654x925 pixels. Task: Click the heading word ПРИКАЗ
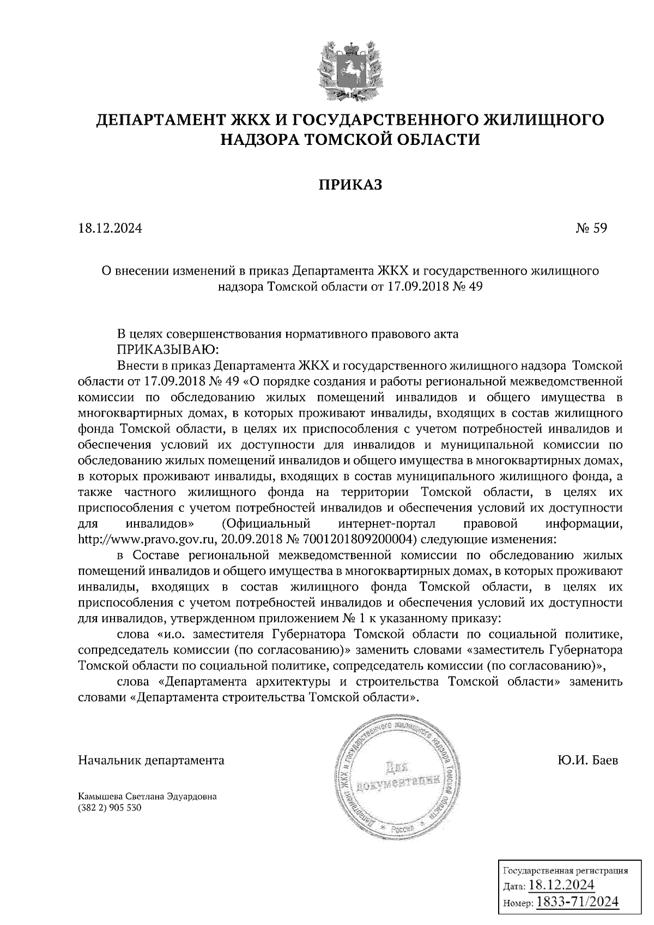pyautogui.click(x=350, y=185)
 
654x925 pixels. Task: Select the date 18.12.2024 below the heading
pyautogui.click(x=110, y=228)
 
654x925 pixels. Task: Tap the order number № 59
pyautogui.click(x=591, y=228)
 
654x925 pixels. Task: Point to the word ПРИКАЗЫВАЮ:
pyautogui.click(x=168, y=349)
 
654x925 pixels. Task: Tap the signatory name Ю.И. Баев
pyautogui.click(x=584, y=760)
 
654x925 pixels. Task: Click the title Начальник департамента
pyautogui.click(x=152, y=760)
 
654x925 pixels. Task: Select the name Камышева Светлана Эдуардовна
pyautogui.click(x=148, y=796)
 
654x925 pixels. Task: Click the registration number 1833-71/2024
pyautogui.click(x=578, y=902)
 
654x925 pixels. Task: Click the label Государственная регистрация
pyautogui.click(x=564, y=871)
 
